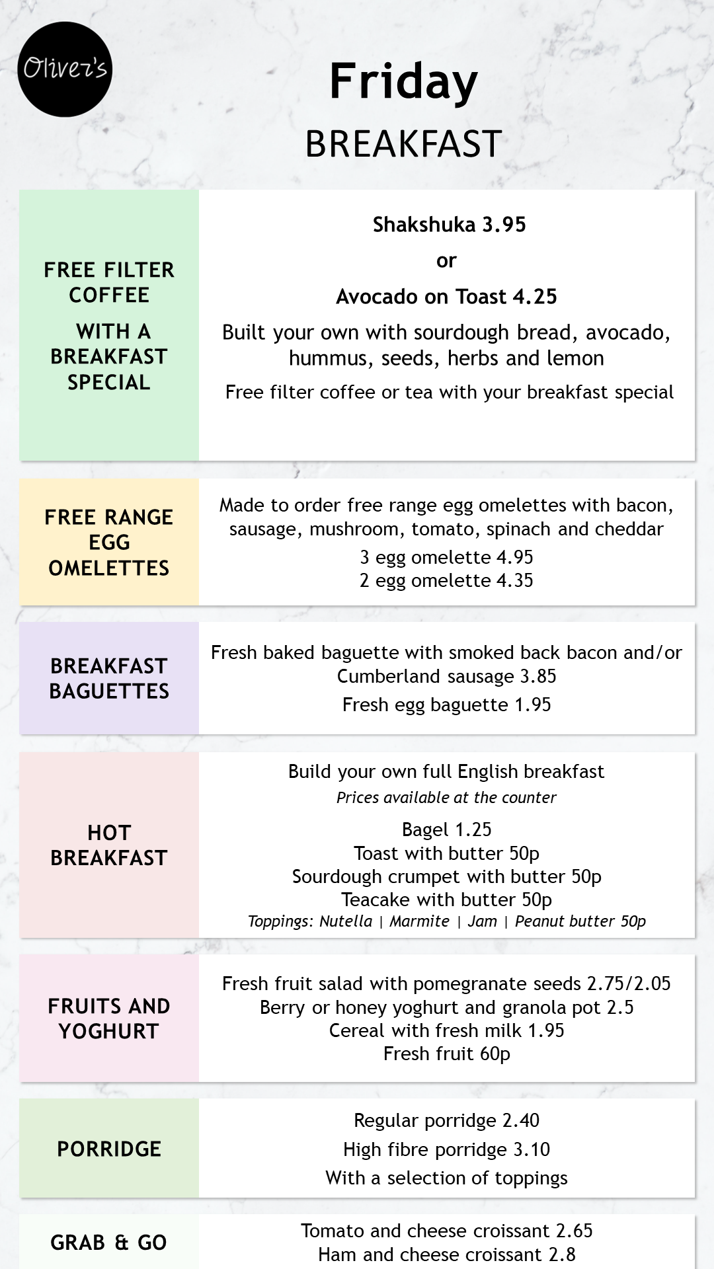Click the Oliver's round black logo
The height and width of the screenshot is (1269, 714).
coord(65,69)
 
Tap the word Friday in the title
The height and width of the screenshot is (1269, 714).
coord(403,82)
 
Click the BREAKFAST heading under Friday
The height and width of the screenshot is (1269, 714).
coord(403,144)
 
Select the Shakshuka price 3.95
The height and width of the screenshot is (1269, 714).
coord(504,225)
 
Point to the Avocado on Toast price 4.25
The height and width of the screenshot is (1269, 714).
coord(535,297)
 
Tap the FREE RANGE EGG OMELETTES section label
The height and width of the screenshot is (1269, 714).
coord(109,542)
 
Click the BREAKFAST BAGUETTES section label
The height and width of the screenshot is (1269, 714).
coord(109,678)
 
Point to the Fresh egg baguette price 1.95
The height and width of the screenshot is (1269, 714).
coord(532,705)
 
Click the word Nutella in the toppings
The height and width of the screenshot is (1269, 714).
coord(346,921)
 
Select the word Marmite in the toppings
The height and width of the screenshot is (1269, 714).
coord(419,921)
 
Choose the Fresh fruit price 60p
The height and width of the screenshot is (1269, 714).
coord(495,1054)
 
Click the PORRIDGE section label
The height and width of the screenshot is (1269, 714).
coord(109,1149)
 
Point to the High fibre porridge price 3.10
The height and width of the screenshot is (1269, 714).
coord(532,1149)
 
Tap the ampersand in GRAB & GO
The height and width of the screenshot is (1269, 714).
coord(122,1243)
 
